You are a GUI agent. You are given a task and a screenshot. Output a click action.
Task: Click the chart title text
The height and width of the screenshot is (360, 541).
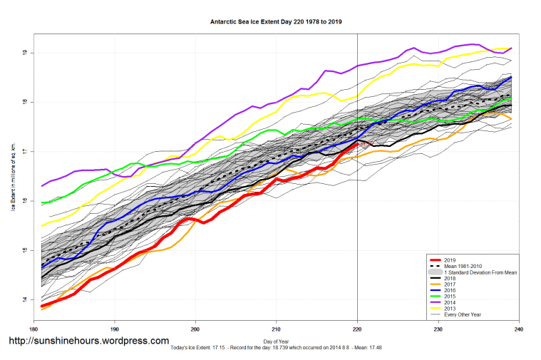276,22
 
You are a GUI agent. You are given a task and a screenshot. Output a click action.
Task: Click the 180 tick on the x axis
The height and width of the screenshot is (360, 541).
33,329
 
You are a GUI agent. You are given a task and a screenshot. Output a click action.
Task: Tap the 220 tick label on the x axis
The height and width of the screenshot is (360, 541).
357,329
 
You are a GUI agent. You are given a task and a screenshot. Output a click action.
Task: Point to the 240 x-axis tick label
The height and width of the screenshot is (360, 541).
519,329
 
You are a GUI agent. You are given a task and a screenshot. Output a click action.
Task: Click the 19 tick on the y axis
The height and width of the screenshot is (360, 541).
25,53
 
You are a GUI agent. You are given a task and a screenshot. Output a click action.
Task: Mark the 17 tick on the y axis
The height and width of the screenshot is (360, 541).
25,151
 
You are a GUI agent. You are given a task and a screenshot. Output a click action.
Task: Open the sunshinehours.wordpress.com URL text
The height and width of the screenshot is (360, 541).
88,341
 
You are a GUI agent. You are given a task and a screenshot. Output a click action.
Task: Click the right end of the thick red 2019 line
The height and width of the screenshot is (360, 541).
357,143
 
